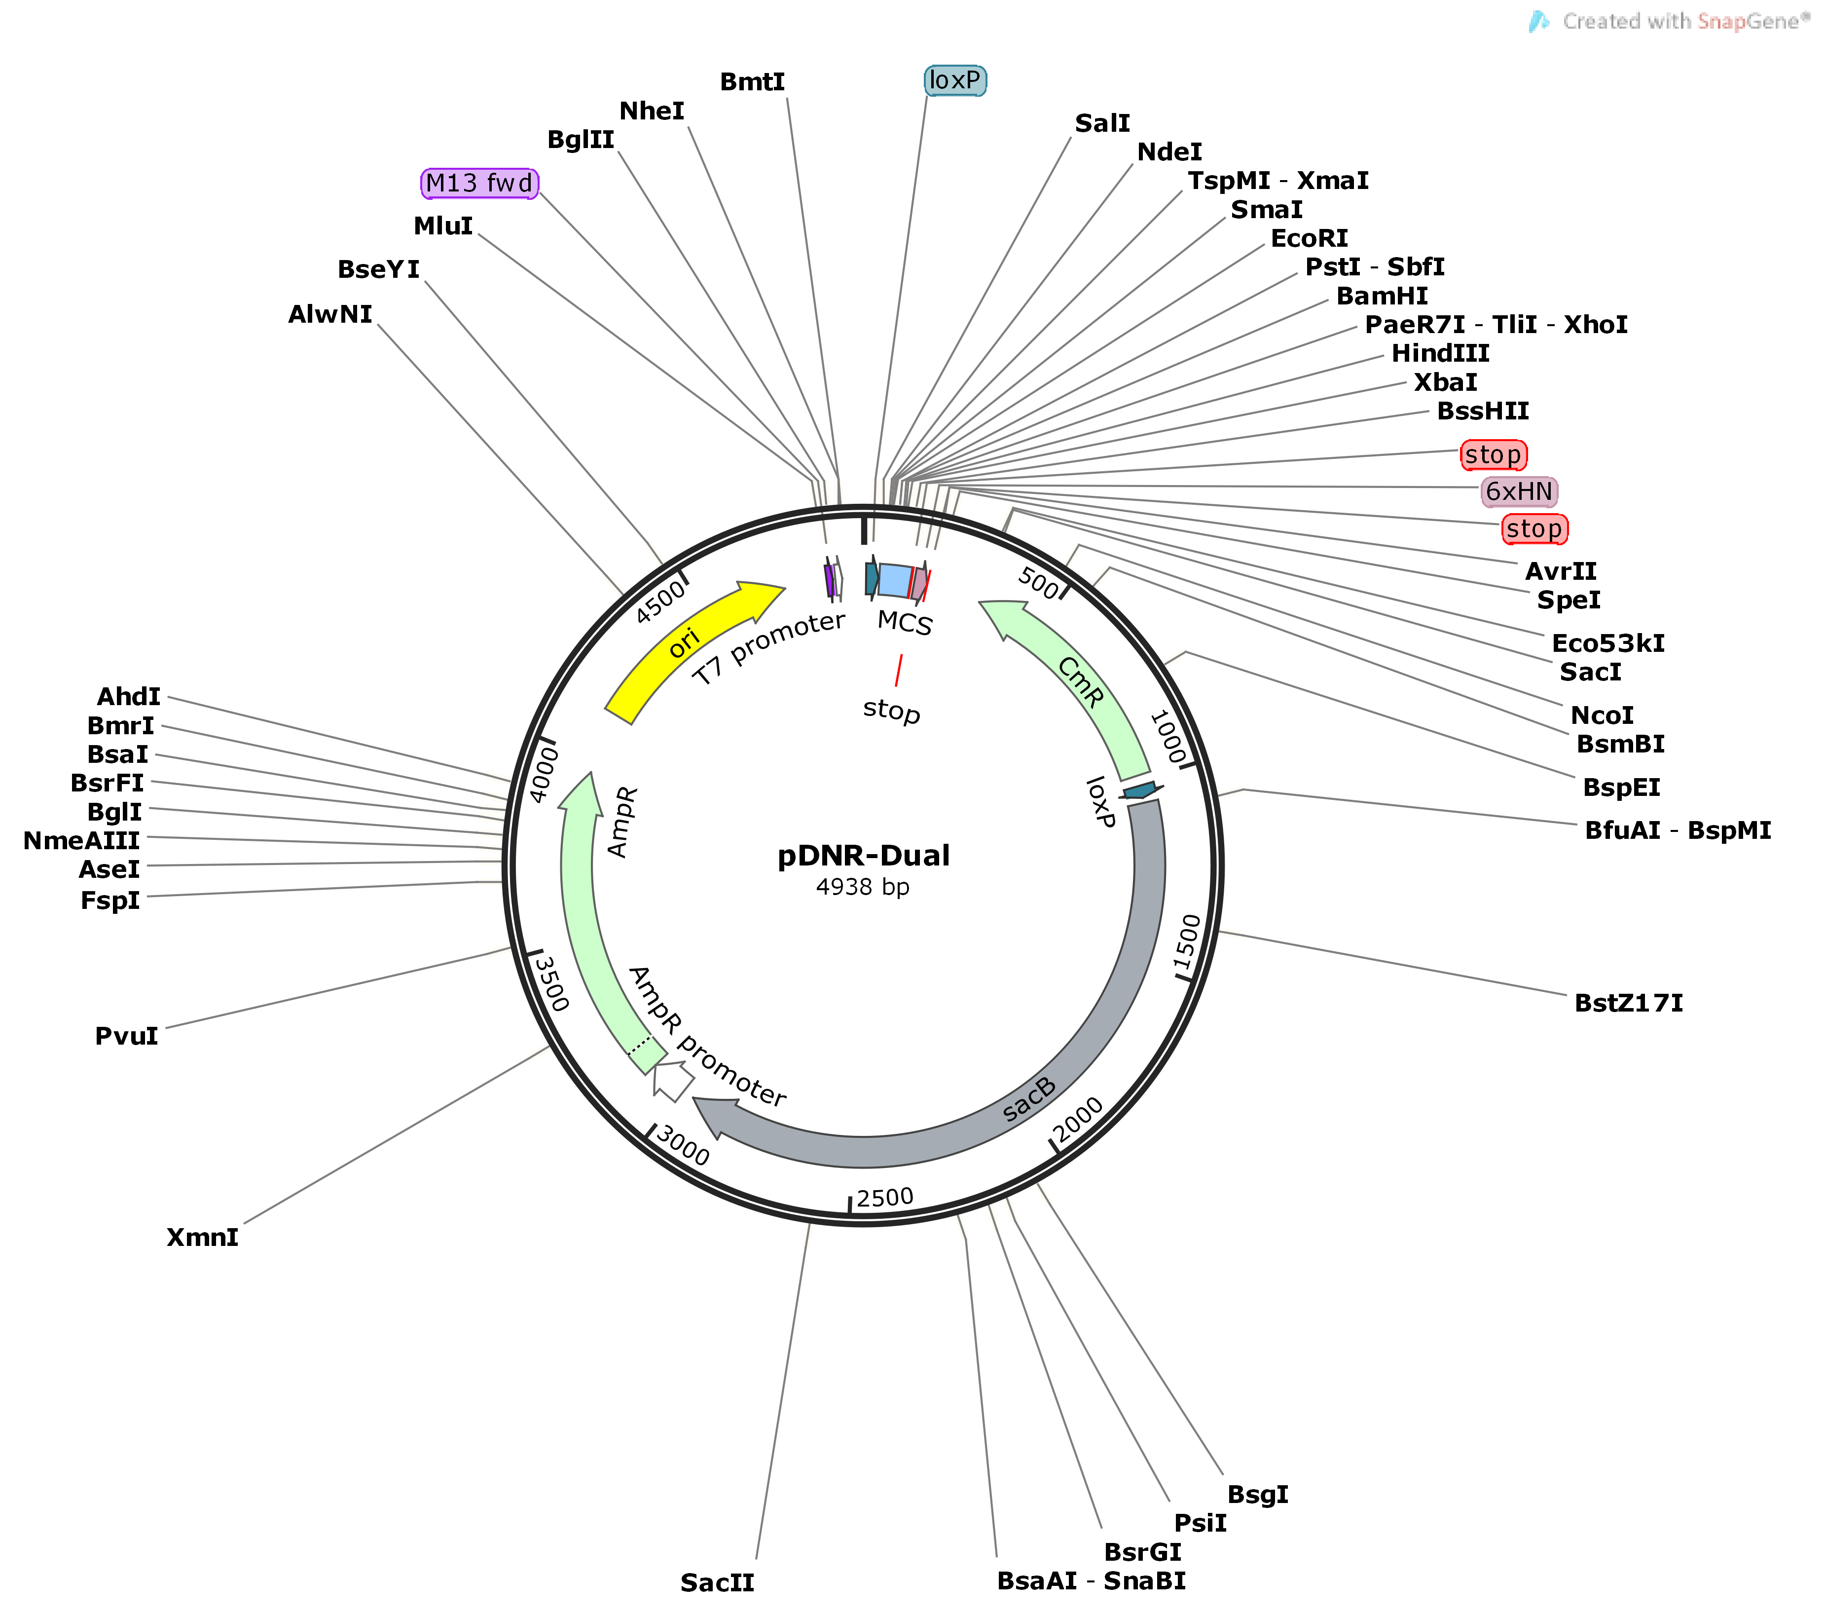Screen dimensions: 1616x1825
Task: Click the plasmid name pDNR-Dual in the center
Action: [x=863, y=856]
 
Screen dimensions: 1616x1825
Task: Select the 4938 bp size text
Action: [x=863, y=887]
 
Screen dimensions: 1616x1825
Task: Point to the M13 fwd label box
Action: [x=479, y=183]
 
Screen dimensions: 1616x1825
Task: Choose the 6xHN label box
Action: [x=1519, y=491]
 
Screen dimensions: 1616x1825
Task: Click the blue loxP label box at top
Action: [x=954, y=80]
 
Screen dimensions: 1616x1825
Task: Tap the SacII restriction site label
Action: [x=717, y=1583]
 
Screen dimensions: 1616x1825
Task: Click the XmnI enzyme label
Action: [x=203, y=1237]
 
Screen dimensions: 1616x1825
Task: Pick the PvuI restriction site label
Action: [x=127, y=1036]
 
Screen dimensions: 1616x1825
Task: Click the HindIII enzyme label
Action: [x=1440, y=354]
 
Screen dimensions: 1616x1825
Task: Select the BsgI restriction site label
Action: [x=1257, y=1495]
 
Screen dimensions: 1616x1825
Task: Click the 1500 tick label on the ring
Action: [x=1188, y=942]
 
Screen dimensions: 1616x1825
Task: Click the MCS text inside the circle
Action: [x=905, y=623]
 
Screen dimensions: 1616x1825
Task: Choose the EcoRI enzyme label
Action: [x=1309, y=238]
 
